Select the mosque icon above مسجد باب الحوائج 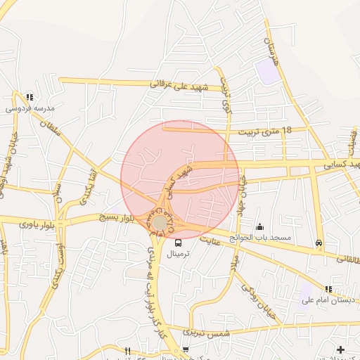261,226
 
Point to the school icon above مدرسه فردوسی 29,97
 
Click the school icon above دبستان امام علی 328,289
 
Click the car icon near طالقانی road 319,243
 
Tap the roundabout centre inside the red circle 161,222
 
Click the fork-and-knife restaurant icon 127,350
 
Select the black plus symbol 340,349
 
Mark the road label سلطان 50,127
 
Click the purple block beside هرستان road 267,70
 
